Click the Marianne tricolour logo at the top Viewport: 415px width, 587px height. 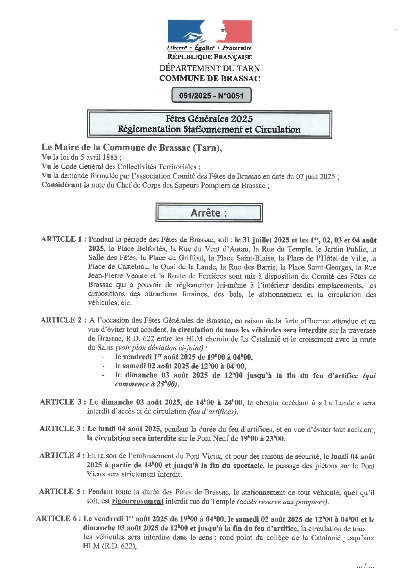(209, 31)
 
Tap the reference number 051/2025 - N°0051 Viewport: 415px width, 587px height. (211, 95)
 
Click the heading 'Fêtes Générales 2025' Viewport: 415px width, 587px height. (209, 118)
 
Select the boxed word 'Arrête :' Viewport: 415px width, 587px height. (209, 213)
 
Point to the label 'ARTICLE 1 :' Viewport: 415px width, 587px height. (64, 239)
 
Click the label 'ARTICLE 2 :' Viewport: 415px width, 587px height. (63, 320)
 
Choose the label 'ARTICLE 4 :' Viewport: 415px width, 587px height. (62, 456)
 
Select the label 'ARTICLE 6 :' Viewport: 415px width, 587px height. (58, 519)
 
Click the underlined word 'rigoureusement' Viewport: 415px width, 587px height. (137, 501)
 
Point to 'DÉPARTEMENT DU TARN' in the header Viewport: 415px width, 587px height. (209, 68)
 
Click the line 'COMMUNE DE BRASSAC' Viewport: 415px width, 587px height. (209, 78)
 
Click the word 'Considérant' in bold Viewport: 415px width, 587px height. (62, 185)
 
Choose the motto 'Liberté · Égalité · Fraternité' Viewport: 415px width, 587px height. (209, 48)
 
